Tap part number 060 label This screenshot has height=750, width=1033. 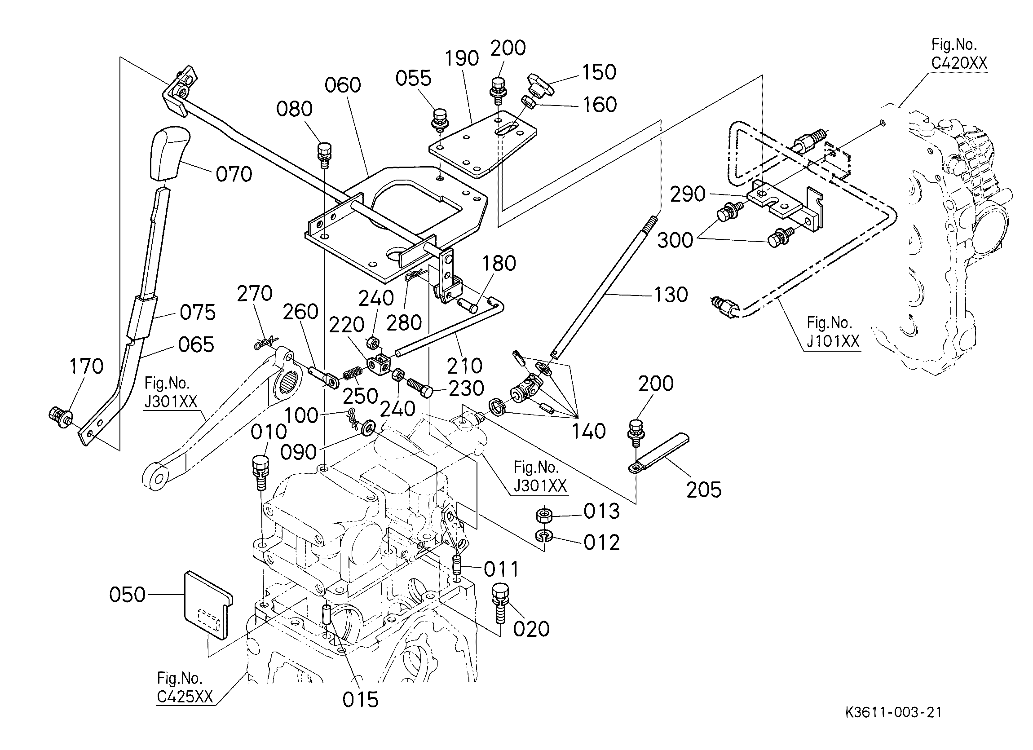(343, 85)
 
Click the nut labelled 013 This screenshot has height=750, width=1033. (543, 516)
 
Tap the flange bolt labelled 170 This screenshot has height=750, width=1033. (59, 415)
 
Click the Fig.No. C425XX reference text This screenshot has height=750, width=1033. (185, 688)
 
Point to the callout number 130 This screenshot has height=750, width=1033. (671, 295)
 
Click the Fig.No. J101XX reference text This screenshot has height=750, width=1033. (833, 332)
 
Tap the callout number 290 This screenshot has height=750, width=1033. (688, 194)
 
